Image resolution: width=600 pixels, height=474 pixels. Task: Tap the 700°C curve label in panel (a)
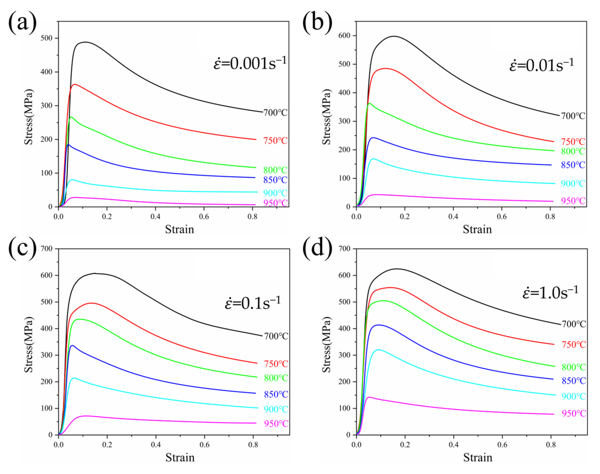click(x=275, y=113)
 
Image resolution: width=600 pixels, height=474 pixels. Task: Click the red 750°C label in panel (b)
click(x=573, y=142)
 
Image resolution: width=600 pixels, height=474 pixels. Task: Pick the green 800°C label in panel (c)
click(x=276, y=378)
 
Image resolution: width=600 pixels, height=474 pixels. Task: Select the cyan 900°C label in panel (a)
click(x=275, y=193)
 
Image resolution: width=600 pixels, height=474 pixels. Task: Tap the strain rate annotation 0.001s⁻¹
click(x=250, y=63)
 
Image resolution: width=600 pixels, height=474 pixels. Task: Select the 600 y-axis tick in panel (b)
click(x=344, y=36)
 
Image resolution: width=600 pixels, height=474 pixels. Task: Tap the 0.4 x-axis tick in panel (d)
click(x=453, y=445)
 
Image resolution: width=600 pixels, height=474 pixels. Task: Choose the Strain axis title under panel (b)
click(x=477, y=229)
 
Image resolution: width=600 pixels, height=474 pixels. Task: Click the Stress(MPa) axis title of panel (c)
click(x=29, y=344)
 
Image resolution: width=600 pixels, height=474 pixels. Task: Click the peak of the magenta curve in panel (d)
click(x=369, y=397)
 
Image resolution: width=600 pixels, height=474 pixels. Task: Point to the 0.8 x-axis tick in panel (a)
click(x=252, y=216)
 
